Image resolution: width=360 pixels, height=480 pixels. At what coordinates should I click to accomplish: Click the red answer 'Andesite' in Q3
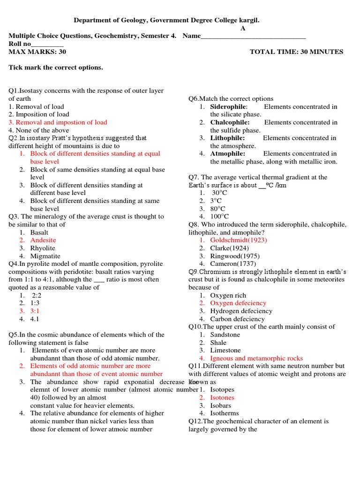pos(43,240)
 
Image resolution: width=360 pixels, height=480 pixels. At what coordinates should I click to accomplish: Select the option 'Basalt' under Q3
pos(39,232)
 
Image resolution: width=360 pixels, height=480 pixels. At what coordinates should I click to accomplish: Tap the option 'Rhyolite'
pos(43,248)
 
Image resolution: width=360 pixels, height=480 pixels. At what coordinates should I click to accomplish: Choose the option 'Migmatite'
pos(45,256)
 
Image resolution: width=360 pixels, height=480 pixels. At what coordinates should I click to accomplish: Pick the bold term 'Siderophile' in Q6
pos(229,106)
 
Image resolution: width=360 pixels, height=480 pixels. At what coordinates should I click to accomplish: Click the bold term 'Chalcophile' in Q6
pos(230,122)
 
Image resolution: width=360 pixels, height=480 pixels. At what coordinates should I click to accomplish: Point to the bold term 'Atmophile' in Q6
pos(227,153)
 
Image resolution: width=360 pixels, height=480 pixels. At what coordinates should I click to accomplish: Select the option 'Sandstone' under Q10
pos(225,335)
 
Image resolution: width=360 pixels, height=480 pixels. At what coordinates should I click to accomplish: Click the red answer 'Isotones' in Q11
pos(222,397)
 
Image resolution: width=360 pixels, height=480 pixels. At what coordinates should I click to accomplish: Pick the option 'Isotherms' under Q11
pos(224,413)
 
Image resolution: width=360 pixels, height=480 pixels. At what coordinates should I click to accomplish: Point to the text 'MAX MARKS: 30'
pos(34,52)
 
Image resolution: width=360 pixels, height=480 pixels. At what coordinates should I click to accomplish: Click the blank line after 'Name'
pos(253,36)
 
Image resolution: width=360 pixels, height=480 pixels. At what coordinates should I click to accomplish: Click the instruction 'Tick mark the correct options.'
pos(56,67)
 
